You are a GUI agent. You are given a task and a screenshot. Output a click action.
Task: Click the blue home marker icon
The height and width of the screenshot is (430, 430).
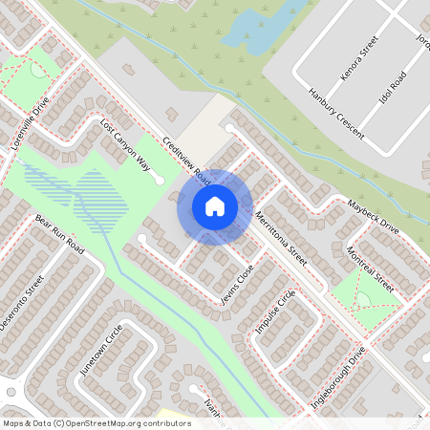coord(215,206)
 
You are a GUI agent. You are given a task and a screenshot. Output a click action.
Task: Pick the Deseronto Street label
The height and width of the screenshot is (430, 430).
coord(22,304)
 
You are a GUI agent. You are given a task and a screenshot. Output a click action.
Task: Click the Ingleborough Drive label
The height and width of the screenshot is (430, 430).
coord(339,378)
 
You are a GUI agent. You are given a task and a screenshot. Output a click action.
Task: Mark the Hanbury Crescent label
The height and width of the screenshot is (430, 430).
coord(335,112)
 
